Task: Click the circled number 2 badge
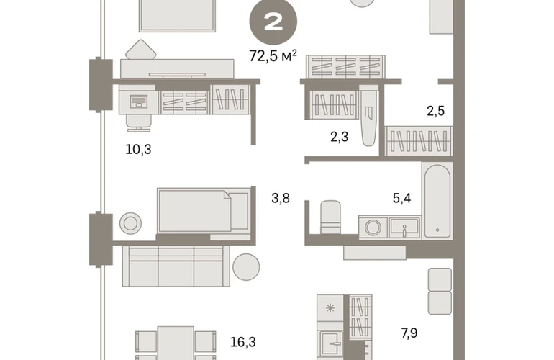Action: (x=273, y=22)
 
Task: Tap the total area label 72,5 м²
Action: (x=273, y=56)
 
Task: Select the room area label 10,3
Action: (x=138, y=149)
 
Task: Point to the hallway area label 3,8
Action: (x=281, y=198)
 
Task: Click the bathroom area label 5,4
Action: (x=401, y=198)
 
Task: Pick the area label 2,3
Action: (x=339, y=137)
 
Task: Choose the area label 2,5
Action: (x=435, y=111)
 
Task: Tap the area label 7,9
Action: (x=409, y=333)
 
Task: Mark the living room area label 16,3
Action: (x=242, y=342)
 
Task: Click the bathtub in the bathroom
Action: (x=437, y=201)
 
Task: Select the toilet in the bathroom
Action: (x=330, y=217)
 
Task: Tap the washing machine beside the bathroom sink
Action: (x=373, y=227)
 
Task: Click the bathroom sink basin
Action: (x=404, y=228)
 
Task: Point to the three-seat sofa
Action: (x=176, y=266)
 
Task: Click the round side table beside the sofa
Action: (x=246, y=267)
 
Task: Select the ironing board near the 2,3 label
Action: (x=368, y=116)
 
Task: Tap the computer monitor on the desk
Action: (x=139, y=102)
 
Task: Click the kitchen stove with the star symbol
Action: (x=330, y=308)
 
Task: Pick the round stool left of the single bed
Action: (x=130, y=223)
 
